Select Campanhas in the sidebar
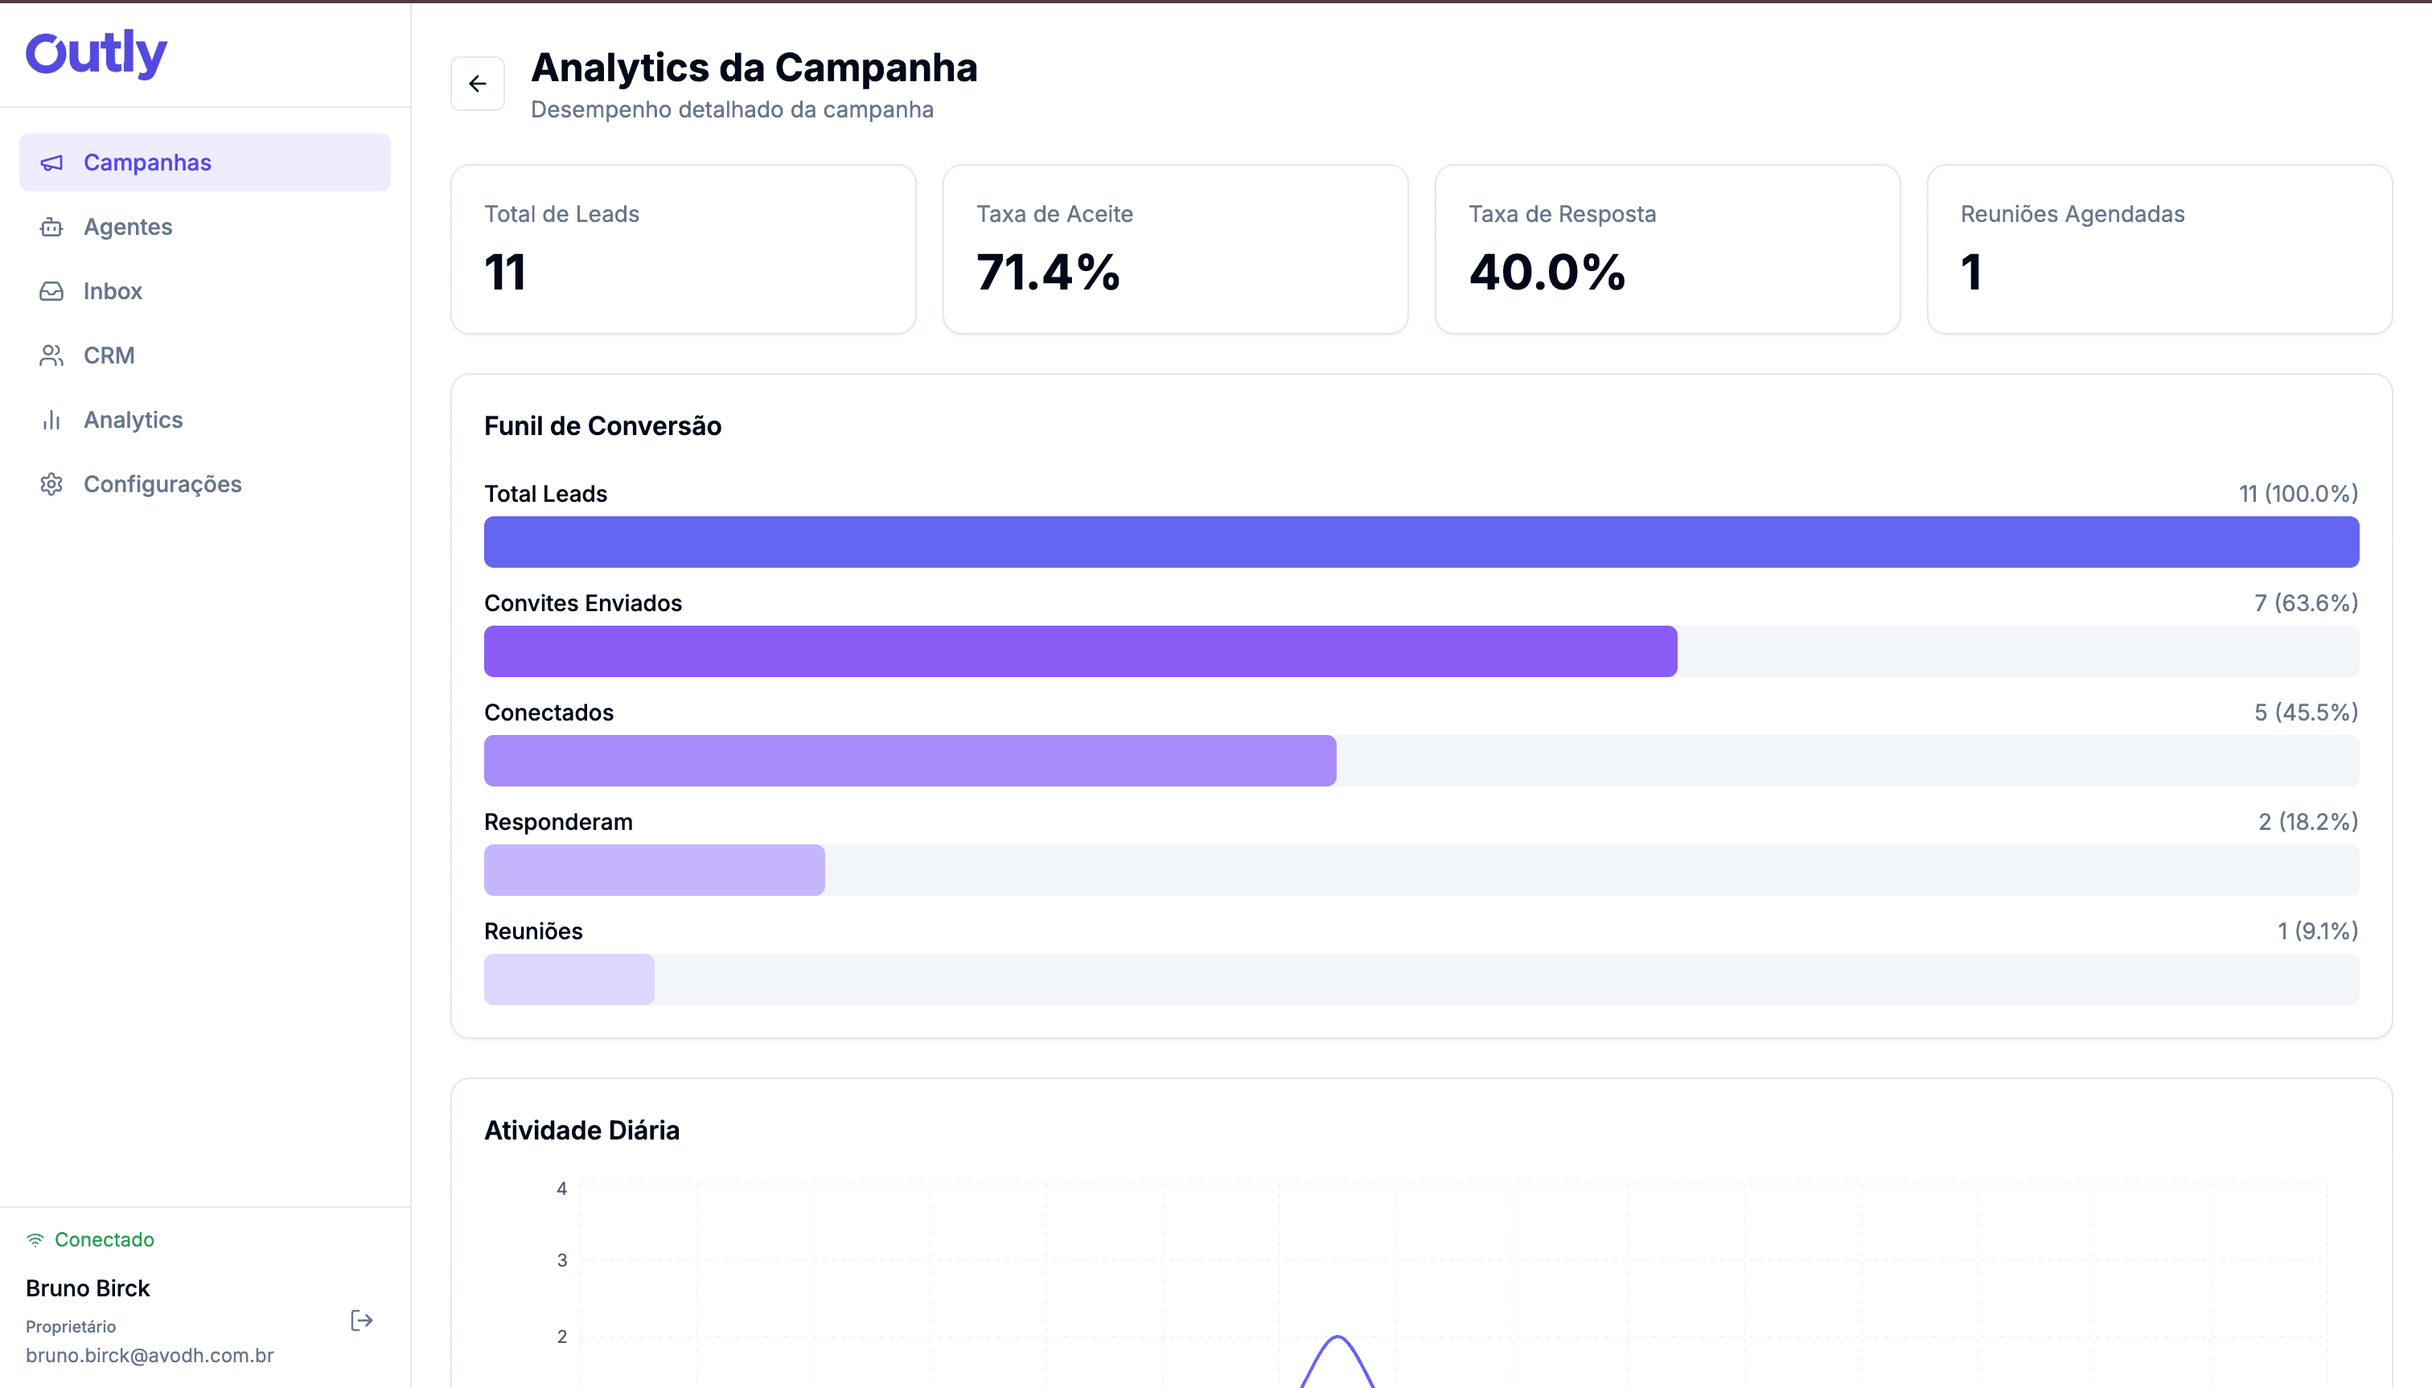click(x=147, y=163)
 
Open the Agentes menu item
click(x=128, y=227)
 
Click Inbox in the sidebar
click(x=113, y=292)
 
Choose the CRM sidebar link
click(x=109, y=355)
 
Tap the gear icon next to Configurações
click(x=51, y=484)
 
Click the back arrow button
click(x=478, y=84)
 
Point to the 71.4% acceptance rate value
click(x=1048, y=273)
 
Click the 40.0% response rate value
click(x=1547, y=273)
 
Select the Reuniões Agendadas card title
click(x=2072, y=215)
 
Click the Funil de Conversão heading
click(x=602, y=426)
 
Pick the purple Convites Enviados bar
click(x=1079, y=651)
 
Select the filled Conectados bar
click(x=910, y=761)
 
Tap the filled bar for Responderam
click(x=654, y=870)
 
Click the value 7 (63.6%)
click(x=2305, y=603)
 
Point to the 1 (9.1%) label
click(x=2317, y=931)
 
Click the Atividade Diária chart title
click(x=581, y=1131)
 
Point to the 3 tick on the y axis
click(x=561, y=1260)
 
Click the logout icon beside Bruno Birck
click(x=361, y=1320)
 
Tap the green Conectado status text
click(x=104, y=1239)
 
